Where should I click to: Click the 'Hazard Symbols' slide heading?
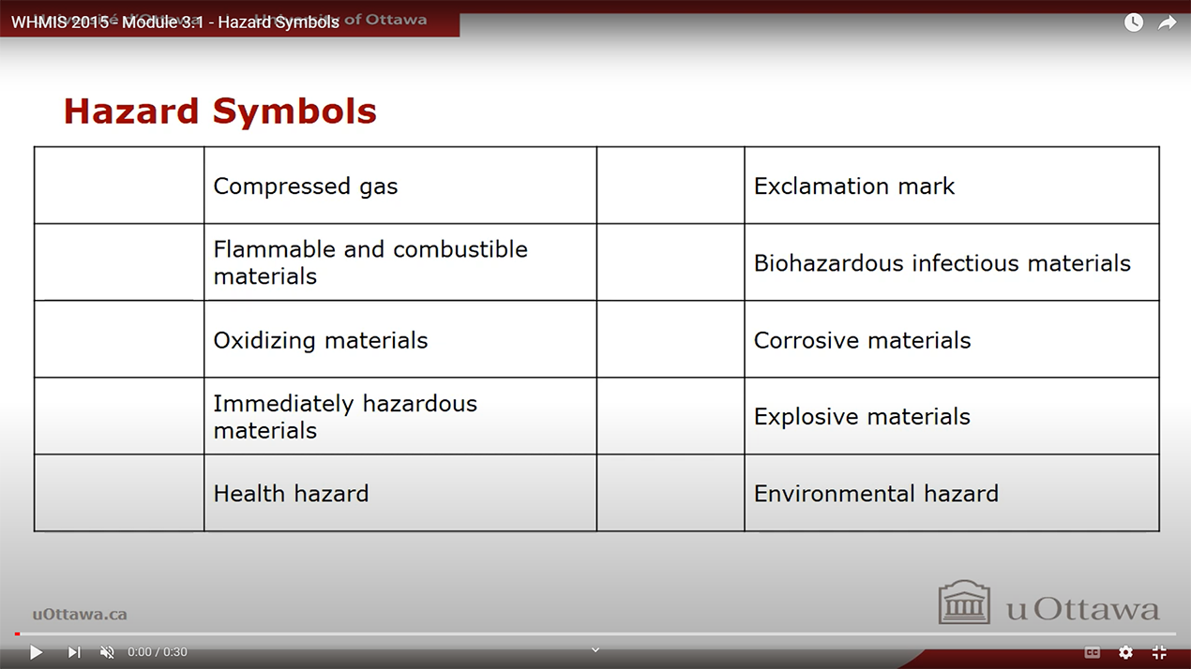(219, 111)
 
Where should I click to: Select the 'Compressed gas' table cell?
(306, 186)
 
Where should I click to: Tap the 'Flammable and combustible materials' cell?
(370, 262)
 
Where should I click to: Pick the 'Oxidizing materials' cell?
(321, 340)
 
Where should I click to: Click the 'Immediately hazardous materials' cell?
(345, 417)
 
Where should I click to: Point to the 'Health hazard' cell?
(291, 494)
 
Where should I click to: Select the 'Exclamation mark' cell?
(853, 186)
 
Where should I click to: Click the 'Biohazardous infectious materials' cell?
(942, 263)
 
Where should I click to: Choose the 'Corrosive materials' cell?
(862, 340)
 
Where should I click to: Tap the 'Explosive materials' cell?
(862, 417)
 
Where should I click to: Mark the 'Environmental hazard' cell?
(876, 494)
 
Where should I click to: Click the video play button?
(36, 652)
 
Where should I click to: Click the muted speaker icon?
(107, 652)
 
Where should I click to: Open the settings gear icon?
(1125, 652)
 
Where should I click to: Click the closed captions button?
(1092, 652)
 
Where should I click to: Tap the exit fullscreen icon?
(1159, 652)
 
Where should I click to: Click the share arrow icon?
(1167, 22)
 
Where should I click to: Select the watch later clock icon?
(1134, 22)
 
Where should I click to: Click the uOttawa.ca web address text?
(80, 615)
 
